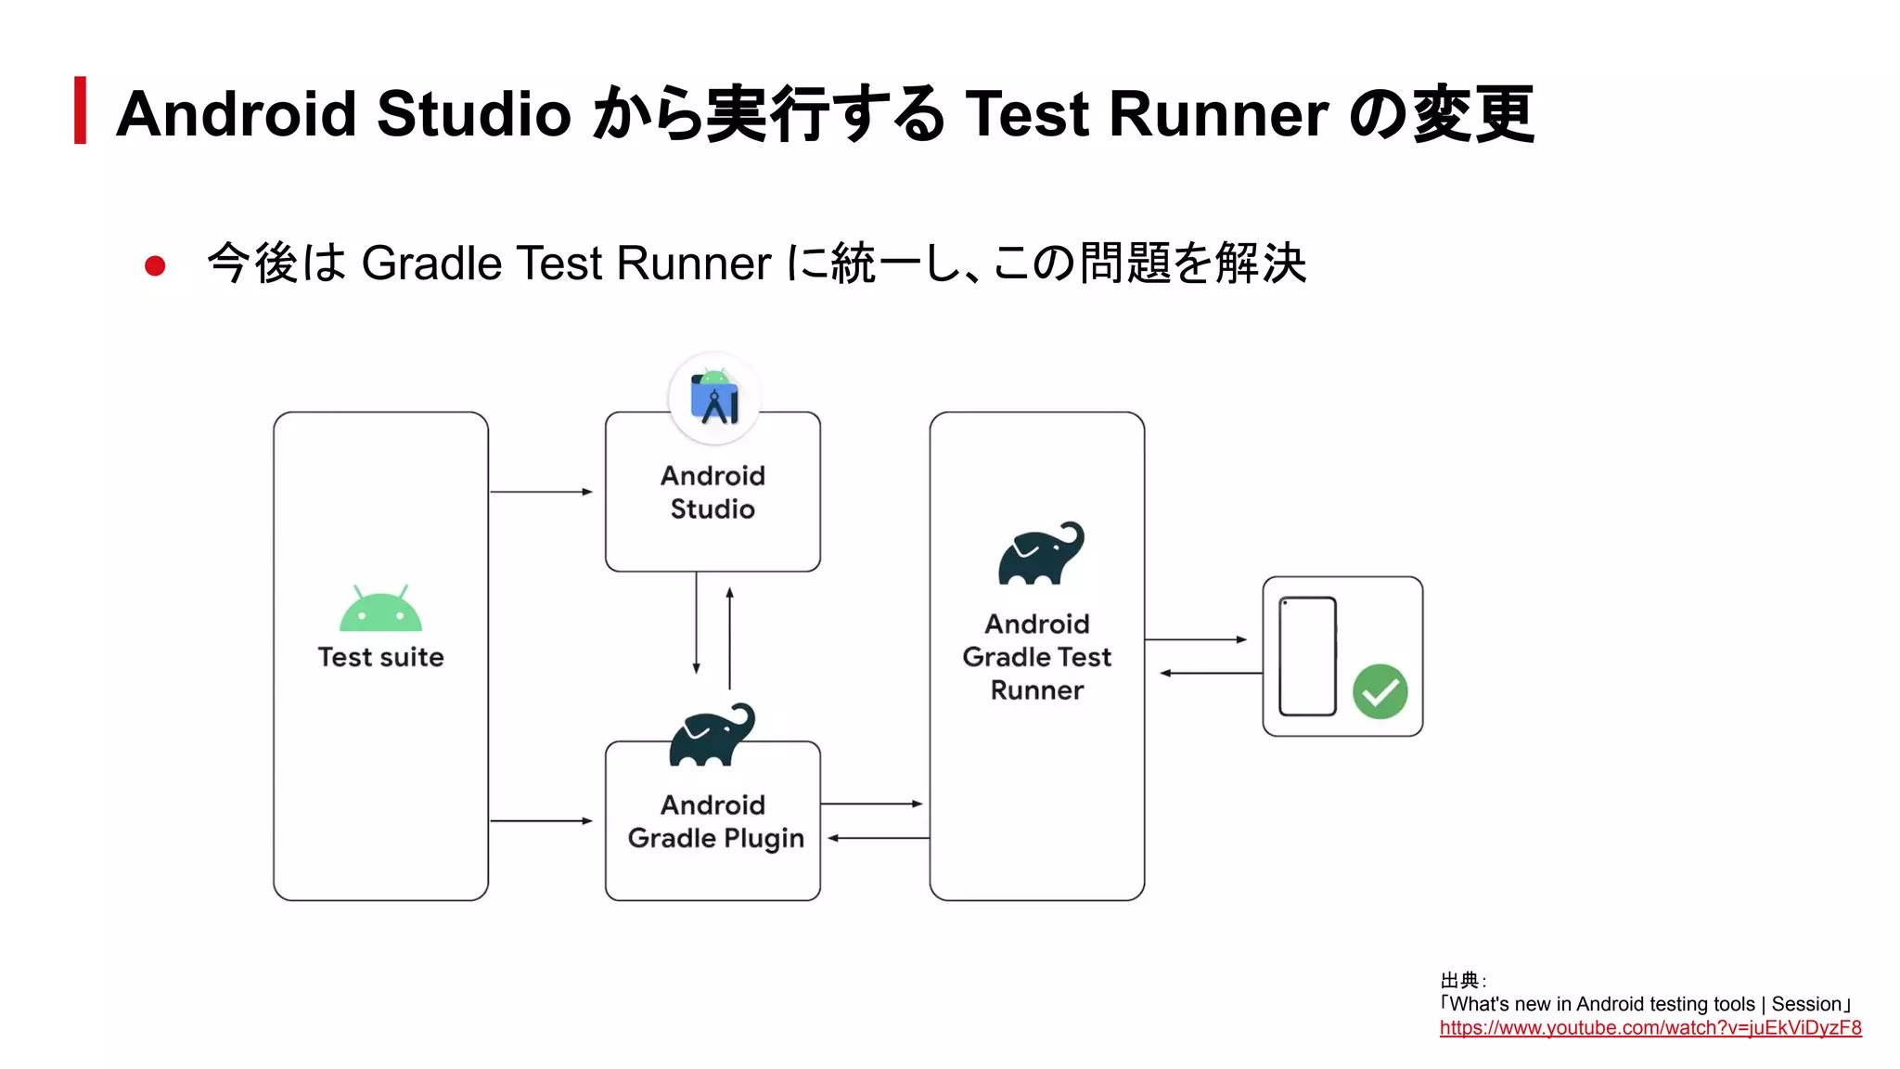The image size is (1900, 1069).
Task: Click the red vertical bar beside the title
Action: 81,110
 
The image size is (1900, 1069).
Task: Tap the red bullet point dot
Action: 155,266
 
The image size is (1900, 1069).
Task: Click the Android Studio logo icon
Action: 714,398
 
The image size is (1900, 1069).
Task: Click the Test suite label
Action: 380,657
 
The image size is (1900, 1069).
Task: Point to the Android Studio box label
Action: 712,492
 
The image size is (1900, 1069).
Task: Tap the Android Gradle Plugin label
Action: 715,821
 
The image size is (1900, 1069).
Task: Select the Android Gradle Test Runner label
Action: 1036,657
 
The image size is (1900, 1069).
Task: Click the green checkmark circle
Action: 1380,691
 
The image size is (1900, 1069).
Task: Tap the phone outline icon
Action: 1307,656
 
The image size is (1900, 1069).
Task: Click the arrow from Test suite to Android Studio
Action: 541,492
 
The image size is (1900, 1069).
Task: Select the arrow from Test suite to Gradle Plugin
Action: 541,820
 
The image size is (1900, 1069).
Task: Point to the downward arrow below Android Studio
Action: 696,623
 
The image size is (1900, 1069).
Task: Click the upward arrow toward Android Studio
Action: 730,638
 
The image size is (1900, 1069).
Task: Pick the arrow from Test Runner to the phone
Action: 1196,639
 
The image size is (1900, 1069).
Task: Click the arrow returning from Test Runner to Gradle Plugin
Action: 878,838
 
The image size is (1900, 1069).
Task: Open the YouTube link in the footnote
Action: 1650,1028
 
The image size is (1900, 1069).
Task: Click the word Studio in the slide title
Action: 473,114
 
